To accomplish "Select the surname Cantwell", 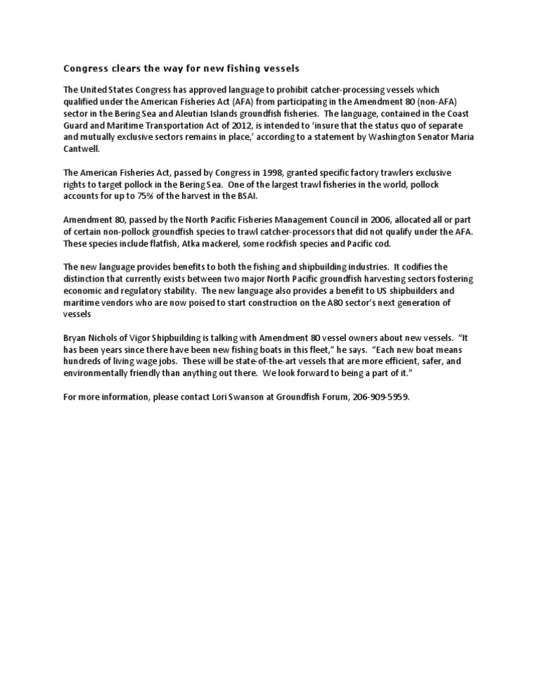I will point(82,148).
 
